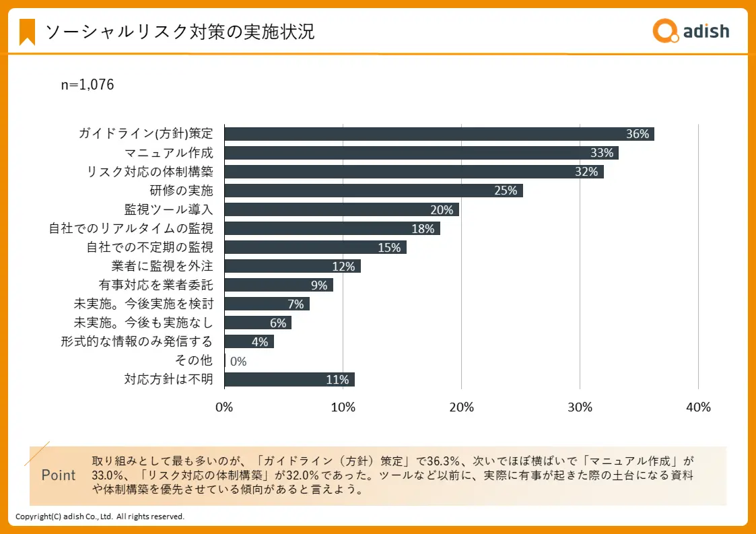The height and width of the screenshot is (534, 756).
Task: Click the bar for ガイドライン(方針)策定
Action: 438,134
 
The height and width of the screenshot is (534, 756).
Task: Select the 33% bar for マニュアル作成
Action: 421,153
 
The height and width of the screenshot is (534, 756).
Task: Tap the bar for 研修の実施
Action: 373,191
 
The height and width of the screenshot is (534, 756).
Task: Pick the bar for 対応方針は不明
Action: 289,379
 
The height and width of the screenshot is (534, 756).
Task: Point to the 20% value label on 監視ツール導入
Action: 442,209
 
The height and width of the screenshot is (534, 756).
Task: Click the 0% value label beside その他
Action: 238,361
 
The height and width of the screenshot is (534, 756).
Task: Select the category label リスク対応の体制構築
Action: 150,172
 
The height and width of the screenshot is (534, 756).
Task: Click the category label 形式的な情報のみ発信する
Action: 137,341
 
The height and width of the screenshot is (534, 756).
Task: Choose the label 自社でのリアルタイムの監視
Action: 131,228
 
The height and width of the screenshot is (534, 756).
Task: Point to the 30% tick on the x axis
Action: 580,407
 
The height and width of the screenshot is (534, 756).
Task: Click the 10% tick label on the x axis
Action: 343,407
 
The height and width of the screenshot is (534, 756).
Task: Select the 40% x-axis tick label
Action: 698,407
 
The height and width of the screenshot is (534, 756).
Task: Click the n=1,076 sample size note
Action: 88,85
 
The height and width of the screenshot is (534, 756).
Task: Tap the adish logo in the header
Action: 691,30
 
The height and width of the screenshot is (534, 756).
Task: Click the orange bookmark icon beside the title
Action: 28,32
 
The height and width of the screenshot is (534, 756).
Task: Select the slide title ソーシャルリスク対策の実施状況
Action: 179,32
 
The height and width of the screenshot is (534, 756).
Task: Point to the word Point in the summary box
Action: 59,475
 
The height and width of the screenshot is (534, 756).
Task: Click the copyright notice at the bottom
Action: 100,516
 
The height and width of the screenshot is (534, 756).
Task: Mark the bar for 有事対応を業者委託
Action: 278,285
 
